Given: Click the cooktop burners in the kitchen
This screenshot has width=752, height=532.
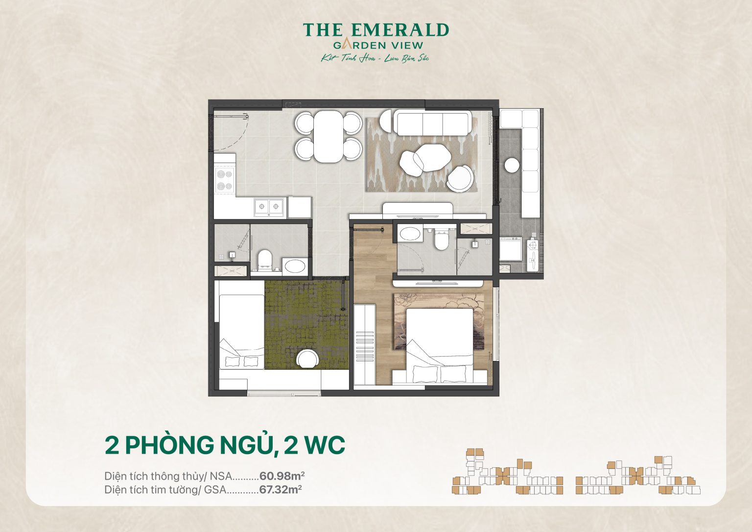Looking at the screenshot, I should (x=225, y=180).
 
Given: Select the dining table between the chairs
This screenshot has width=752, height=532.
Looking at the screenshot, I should (x=329, y=136).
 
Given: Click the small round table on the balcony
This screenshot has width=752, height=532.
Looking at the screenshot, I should (x=512, y=166).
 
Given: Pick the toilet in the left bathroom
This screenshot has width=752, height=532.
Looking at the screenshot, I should (x=265, y=259).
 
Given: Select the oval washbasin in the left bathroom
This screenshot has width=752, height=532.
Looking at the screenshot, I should (x=294, y=266).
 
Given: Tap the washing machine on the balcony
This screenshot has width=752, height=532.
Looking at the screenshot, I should (x=510, y=249).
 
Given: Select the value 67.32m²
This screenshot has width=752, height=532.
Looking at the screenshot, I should (x=280, y=489).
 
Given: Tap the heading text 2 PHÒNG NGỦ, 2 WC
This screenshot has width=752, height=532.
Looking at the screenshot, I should (x=225, y=445).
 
